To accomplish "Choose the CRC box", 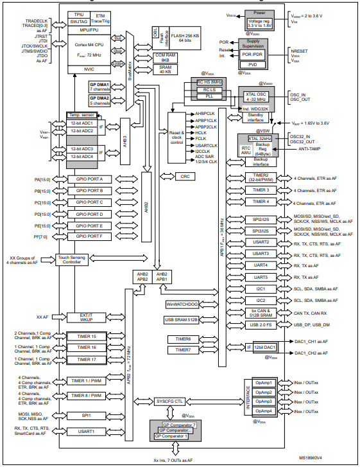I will point(184,176).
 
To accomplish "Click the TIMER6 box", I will point(179,339).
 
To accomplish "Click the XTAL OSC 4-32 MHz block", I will point(256,97).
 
